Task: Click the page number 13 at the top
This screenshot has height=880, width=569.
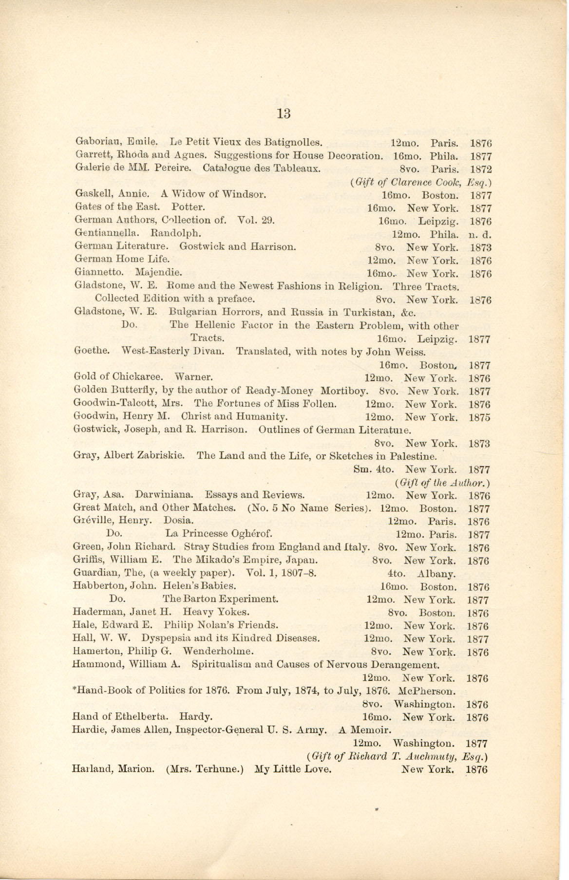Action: coord(284,113)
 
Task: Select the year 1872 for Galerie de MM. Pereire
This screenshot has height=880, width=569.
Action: coord(480,169)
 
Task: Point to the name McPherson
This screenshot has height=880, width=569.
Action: coord(426,691)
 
